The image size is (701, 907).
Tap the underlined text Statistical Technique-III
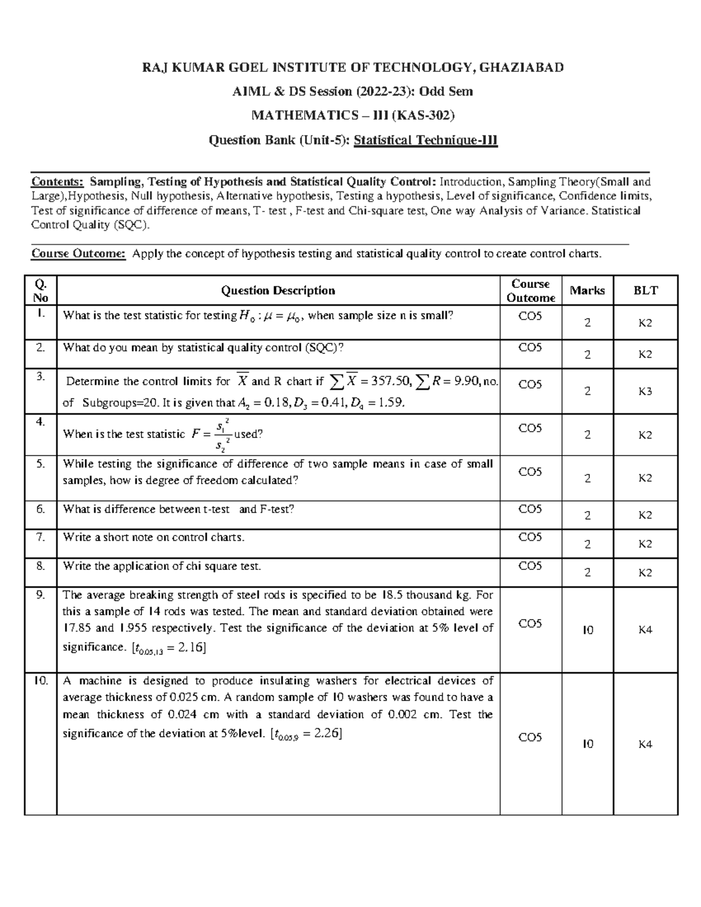pos(426,140)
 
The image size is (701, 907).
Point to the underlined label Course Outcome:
pos(78,253)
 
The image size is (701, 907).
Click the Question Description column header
pos(277,290)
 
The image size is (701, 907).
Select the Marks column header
pos(587,290)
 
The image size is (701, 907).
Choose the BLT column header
pos(646,290)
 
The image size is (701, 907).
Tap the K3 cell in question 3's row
pos(645,392)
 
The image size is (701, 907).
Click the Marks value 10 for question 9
pos(587,630)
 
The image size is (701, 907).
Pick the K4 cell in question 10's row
pos(645,745)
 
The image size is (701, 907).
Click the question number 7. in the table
pos(40,537)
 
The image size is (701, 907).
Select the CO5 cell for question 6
pos(530,509)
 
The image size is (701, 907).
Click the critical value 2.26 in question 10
pos(326,734)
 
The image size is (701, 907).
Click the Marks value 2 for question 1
pos(587,323)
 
